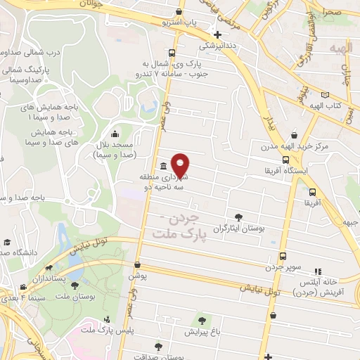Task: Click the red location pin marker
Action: (x=181, y=165)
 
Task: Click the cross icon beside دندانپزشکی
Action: (x=217, y=34)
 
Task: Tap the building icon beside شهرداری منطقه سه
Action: (x=163, y=167)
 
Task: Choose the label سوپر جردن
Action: (x=283, y=267)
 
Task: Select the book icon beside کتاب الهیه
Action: (x=324, y=94)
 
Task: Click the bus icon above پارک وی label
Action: (x=172, y=52)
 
